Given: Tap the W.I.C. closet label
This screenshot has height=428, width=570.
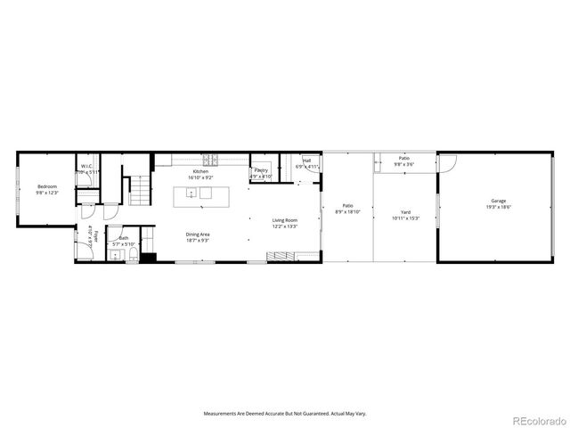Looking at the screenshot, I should click(87, 166).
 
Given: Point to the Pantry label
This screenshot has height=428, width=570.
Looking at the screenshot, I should click(261, 170).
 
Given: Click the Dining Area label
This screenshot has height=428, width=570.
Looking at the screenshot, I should click(197, 235).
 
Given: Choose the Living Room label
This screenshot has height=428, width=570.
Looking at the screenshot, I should click(284, 220).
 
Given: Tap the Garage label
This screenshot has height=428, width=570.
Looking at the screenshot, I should click(498, 202).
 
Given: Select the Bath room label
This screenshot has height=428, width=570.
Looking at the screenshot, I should click(123, 239).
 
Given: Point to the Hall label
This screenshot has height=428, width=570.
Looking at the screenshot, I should click(306, 161).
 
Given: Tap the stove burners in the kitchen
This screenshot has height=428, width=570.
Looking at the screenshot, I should click(212, 160).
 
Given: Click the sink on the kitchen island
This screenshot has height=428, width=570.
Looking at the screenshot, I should click(191, 193).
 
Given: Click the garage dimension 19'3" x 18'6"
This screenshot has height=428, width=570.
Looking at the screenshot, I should click(498, 207).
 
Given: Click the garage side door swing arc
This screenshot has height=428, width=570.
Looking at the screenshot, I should click(448, 163).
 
